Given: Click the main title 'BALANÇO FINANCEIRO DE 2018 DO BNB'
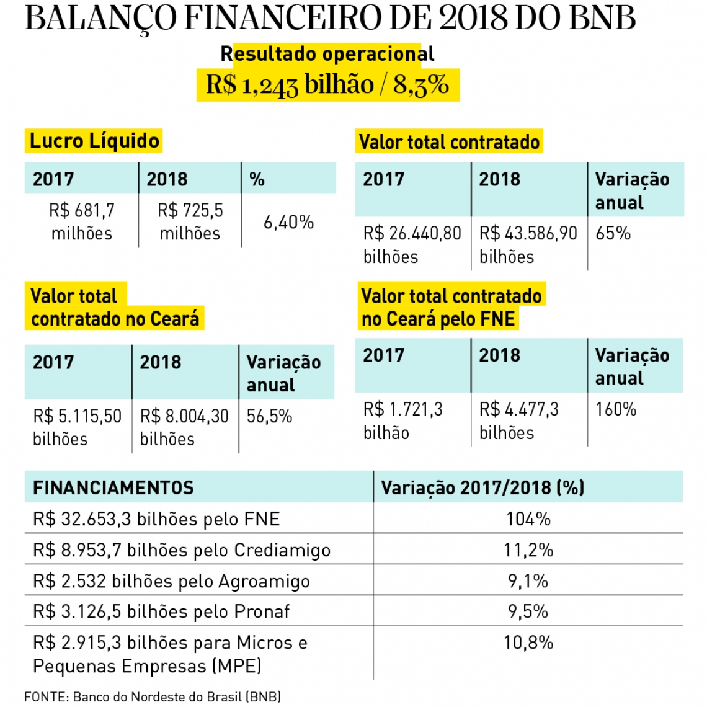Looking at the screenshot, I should [330, 19].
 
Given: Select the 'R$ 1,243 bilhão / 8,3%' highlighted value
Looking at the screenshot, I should [327, 84].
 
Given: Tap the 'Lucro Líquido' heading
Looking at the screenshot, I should [94, 141].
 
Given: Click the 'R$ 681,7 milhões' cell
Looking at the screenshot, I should [82, 221].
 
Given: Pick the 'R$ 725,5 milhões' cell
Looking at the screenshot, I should [190, 221].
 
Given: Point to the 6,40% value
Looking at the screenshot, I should [288, 222].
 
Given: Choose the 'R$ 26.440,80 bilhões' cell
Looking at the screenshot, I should [412, 244].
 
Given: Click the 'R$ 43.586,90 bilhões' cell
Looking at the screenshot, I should [528, 244].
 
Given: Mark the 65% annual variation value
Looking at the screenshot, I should [613, 233].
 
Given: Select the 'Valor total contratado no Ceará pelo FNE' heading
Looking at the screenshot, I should [451, 307].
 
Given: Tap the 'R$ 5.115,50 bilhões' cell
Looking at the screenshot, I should [77, 427].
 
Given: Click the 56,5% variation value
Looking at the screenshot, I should [269, 416].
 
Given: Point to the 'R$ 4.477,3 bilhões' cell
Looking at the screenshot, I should [518, 420].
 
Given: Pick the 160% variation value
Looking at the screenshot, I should [615, 409].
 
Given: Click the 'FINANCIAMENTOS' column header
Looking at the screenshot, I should [113, 488].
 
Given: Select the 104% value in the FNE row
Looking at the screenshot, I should [528, 518].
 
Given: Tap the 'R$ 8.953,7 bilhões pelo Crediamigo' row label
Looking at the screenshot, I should [181, 550].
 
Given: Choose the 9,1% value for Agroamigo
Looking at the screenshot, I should [528, 581].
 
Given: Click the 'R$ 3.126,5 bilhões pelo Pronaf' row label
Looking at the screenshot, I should [161, 611].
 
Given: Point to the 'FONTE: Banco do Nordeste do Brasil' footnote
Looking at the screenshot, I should [153, 696].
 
